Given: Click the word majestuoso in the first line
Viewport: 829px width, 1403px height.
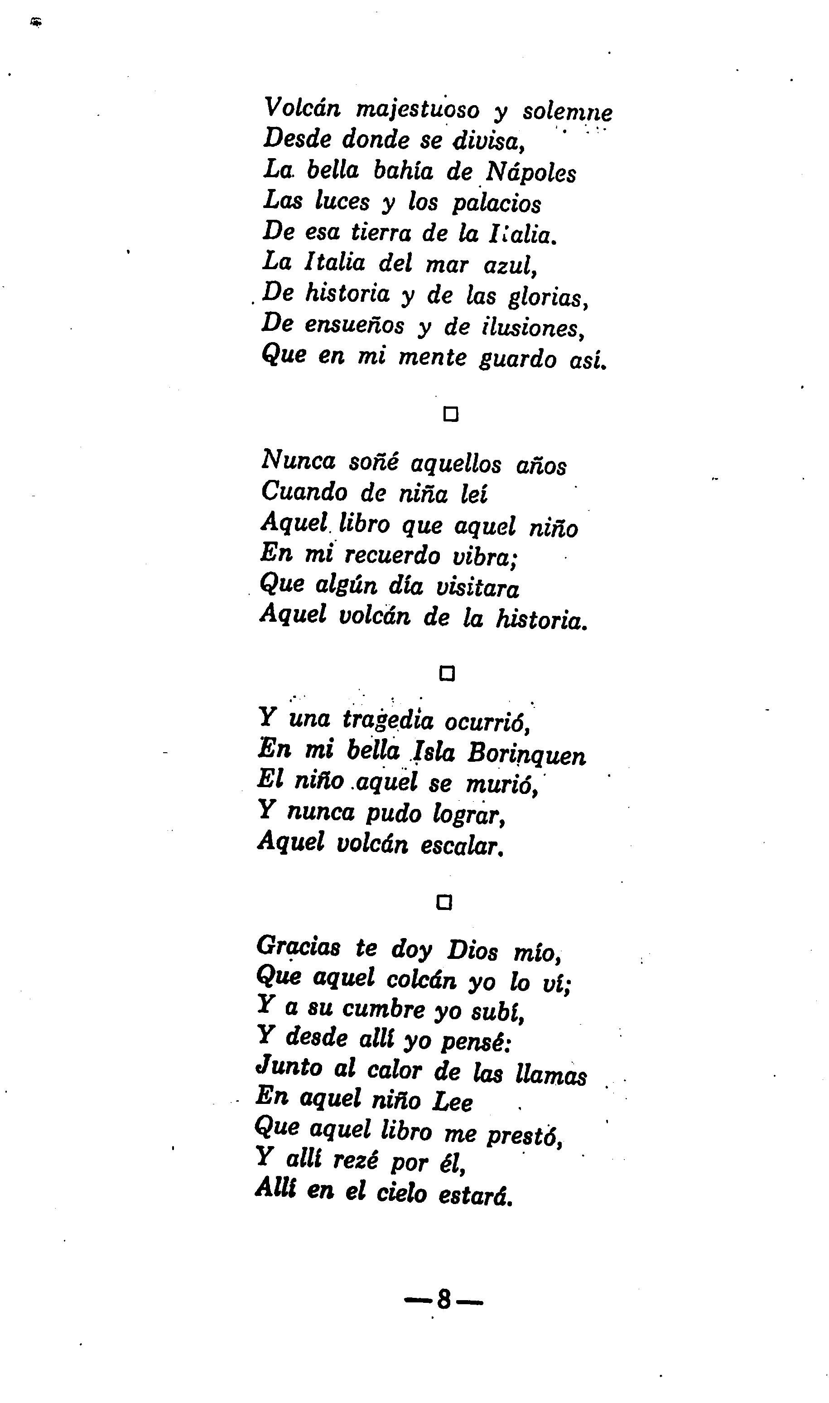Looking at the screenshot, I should click(x=417, y=110).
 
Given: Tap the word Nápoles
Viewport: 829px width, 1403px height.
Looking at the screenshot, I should click(x=530, y=172).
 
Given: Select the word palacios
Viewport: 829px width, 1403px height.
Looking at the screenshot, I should click(x=496, y=204).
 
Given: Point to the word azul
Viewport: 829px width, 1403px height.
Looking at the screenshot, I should click(x=510, y=266).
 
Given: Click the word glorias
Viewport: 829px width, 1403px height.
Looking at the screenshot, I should click(x=547, y=297).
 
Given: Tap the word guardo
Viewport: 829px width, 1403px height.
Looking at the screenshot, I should click(x=517, y=359).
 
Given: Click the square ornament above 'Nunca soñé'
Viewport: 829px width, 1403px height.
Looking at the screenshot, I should click(x=450, y=415).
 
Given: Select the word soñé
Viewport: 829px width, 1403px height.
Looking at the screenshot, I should click(x=373, y=462).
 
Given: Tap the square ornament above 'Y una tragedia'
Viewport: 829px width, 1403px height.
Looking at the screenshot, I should click(x=447, y=674).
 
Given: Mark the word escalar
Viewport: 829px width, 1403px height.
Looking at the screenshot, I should click(x=462, y=845).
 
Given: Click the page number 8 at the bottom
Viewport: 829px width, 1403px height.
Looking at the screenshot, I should click(x=443, y=1300).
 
